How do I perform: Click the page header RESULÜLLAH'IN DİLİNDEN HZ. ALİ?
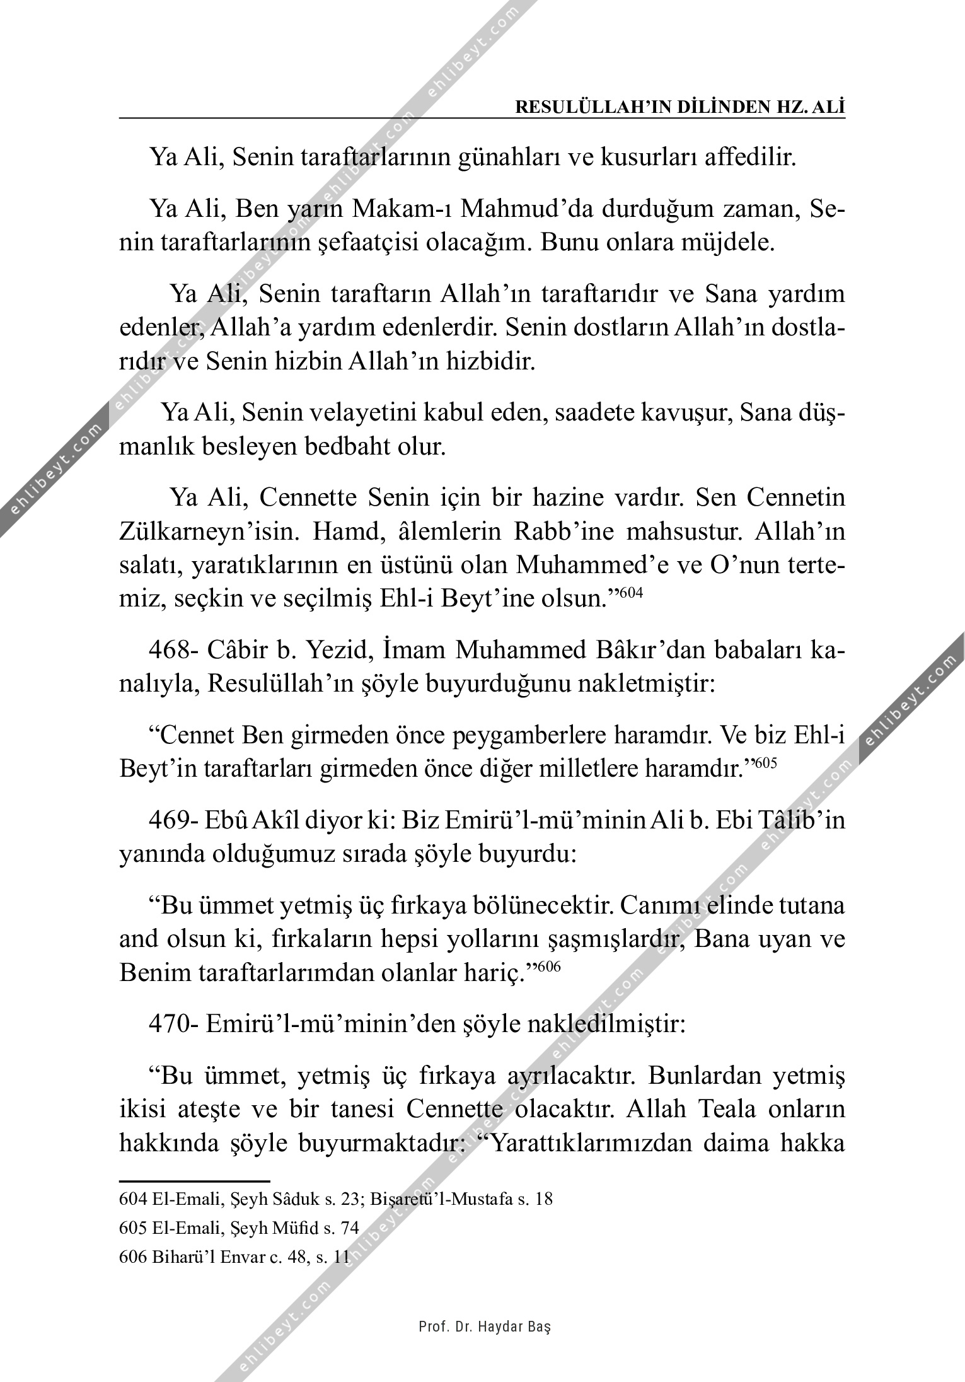(x=680, y=107)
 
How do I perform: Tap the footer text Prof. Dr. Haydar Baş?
(x=485, y=1326)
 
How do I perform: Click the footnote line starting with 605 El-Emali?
(x=238, y=1228)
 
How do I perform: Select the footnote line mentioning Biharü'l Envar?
(x=234, y=1256)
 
